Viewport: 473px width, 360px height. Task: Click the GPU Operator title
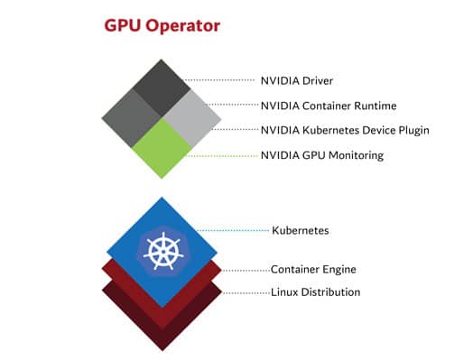click(x=162, y=25)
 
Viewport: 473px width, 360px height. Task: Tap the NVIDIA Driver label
click(x=297, y=81)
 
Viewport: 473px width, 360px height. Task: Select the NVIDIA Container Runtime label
click(x=329, y=106)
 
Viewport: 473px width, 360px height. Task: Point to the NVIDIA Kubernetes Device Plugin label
click(x=345, y=130)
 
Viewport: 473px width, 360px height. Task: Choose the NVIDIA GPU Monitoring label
click(x=322, y=155)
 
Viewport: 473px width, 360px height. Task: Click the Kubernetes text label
click(x=301, y=231)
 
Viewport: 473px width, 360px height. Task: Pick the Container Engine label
click(x=313, y=269)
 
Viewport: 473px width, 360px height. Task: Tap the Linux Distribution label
click(x=315, y=292)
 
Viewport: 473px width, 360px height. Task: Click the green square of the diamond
click(x=162, y=148)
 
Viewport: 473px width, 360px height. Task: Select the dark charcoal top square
click(x=162, y=88)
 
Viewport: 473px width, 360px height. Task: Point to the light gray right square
click(x=192, y=118)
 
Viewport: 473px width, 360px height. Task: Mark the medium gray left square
click(x=131, y=118)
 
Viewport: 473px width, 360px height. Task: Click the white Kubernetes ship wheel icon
click(x=163, y=251)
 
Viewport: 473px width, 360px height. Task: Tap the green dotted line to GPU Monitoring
click(x=223, y=156)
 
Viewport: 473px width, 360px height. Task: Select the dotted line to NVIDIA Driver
click(x=219, y=80)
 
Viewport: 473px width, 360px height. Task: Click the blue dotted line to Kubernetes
click(x=233, y=231)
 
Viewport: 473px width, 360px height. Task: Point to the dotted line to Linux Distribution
click(x=246, y=292)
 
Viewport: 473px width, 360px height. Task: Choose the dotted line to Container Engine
click(x=246, y=271)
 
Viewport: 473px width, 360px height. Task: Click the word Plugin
click(x=413, y=131)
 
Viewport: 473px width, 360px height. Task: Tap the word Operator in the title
click(x=183, y=26)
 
